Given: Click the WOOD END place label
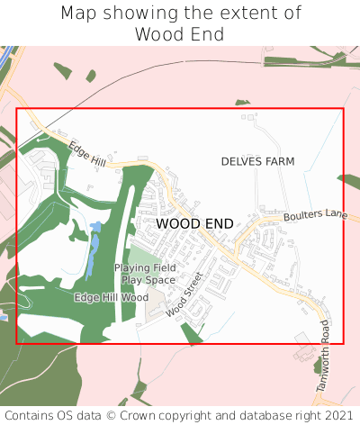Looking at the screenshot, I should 194,223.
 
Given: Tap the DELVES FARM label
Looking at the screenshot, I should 257,161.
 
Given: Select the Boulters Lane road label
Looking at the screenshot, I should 315,216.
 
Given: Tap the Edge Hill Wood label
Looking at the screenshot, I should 111,297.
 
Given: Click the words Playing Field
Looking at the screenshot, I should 145,268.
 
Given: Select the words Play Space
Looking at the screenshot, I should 148,280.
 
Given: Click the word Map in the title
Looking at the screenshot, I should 78,14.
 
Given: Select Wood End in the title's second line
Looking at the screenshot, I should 180,34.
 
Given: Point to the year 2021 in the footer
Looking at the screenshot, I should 338,415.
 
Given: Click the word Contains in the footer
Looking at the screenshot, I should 29,415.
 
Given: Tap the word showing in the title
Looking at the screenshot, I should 140,14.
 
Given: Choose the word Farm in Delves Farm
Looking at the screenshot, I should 278,161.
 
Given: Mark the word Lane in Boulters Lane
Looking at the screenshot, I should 333,213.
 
